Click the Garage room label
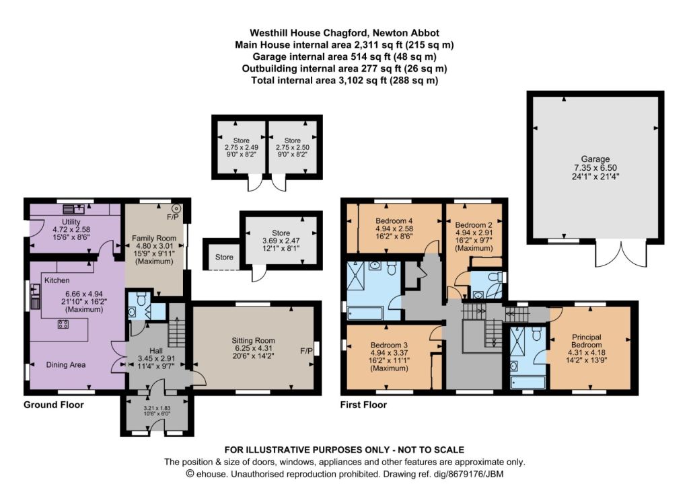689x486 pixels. (x=595, y=159)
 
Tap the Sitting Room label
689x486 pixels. (x=253, y=340)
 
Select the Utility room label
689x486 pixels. (x=71, y=222)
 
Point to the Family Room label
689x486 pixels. (x=153, y=238)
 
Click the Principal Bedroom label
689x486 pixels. (x=586, y=341)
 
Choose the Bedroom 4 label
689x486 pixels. (x=394, y=220)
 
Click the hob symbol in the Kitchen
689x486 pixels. (x=63, y=324)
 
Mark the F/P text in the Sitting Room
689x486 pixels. (x=306, y=351)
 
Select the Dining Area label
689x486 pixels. (x=66, y=364)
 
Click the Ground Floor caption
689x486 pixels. (x=54, y=405)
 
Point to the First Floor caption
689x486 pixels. (x=363, y=405)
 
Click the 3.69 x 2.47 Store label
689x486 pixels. (x=281, y=241)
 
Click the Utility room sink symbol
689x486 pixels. (x=73, y=208)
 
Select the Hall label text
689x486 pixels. (x=156, y=351)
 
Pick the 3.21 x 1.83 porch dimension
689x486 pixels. (x=157, y=408)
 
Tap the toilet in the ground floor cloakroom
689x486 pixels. (x=141, y=299)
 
